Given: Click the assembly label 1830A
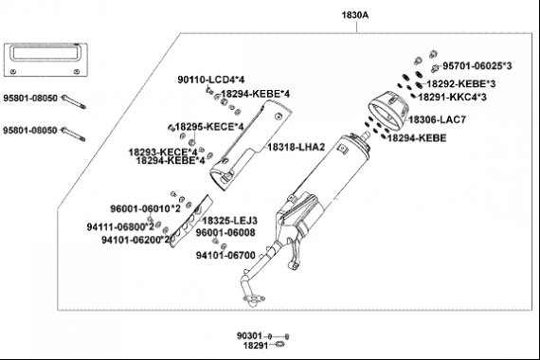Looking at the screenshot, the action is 354,15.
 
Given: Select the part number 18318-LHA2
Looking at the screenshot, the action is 297,148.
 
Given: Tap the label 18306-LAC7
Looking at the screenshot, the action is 437,120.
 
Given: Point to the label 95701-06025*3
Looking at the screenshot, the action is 477,65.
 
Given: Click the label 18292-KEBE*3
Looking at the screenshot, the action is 461,84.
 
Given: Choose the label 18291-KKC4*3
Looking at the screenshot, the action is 453,98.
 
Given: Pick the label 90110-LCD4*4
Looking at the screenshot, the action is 210,80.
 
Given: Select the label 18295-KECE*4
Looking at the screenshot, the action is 209,127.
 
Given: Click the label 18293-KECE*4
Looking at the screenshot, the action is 163,152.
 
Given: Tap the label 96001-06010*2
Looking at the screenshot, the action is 145,208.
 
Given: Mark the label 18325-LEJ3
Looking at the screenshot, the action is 229,221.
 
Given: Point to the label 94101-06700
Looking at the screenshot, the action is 225,256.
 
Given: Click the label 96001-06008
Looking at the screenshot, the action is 225,233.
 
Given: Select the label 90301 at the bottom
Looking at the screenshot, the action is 249,335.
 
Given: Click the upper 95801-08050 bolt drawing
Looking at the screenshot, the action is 73,102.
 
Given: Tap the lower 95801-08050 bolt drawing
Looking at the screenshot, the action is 73,135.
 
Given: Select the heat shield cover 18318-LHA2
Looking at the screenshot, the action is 250,145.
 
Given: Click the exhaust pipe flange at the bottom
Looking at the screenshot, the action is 255,298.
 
